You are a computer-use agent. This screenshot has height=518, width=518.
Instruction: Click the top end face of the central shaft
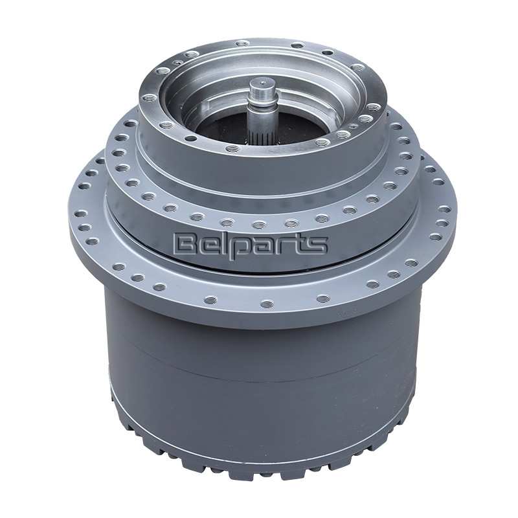261,82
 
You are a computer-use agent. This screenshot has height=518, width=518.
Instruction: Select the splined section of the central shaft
259,133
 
